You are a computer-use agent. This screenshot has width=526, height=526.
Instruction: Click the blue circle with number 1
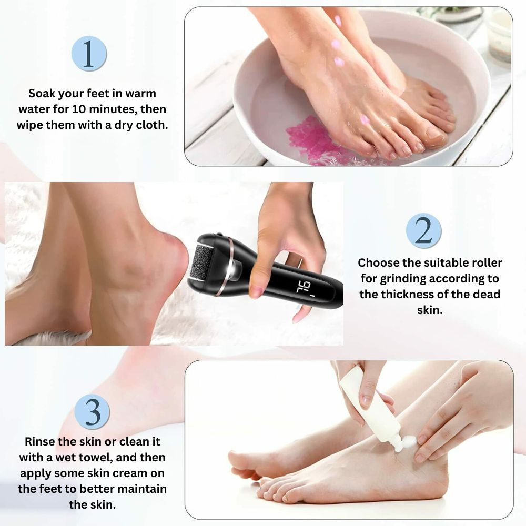click(x=89, y=54)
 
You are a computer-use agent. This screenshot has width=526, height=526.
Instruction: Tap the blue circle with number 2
click(x=423, y=230)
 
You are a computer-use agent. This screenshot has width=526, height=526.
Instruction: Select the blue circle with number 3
click(x=92, y=412)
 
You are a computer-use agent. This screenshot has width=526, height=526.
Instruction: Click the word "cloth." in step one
click(x=152, y=125)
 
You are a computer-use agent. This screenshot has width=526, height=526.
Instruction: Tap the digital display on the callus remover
click(x=304, y=288)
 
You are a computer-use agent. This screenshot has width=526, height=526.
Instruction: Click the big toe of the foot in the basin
click(x=432, y=136)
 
